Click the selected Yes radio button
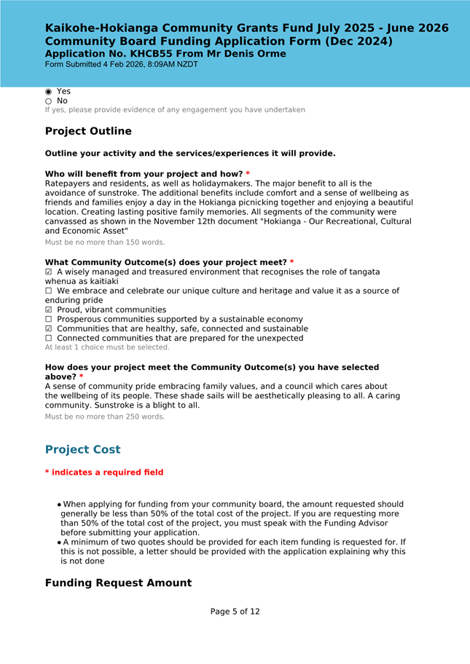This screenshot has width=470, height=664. point(49,92)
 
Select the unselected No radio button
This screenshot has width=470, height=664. point(49,101)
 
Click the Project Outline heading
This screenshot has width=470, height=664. point(88,131)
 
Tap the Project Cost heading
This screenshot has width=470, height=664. point(82,449)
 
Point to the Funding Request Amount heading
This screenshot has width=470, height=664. point(118,583)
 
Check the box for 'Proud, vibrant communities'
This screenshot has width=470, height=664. point(49,310)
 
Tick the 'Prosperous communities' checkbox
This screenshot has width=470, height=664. point(49,320)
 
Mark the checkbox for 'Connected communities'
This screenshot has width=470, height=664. point(49,339)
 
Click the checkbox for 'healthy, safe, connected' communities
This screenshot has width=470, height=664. point(49,329)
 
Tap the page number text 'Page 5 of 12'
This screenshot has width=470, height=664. point(235,612)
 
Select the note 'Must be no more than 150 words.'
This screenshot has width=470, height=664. point(105,242)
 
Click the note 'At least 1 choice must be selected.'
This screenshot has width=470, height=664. point(107,347)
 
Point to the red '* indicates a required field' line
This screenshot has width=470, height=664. point(104,473)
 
